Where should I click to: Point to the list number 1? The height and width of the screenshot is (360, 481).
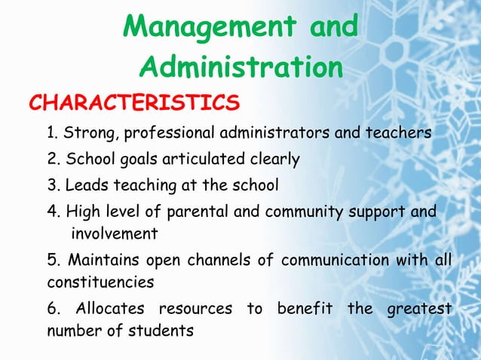(51, 134)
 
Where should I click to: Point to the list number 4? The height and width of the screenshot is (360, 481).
(53, 211)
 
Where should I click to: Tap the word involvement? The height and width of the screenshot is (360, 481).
(114, 233)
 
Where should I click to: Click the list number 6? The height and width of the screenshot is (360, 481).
(53, 310)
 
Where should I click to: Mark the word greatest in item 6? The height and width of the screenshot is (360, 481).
(419, 310)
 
